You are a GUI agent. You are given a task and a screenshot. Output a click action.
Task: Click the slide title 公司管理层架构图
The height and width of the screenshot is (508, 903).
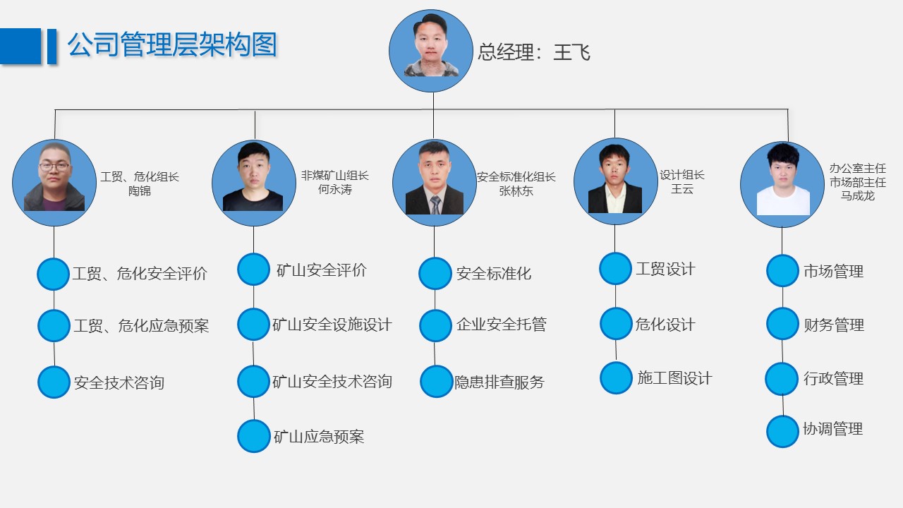click(172, 45)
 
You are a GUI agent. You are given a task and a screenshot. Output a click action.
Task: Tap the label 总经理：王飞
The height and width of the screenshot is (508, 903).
click(534, 52)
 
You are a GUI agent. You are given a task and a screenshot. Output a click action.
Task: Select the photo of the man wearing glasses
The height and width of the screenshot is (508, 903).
click(54, 183)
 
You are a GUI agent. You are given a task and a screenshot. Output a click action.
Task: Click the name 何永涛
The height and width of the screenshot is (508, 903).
click(335, 190)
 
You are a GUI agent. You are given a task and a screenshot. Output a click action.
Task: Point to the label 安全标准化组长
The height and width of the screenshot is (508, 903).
click(516, 177)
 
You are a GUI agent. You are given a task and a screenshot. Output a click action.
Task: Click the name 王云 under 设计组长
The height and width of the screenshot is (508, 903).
click(682, 189)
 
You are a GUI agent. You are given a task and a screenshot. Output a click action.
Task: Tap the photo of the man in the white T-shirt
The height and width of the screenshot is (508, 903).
click(782, 184)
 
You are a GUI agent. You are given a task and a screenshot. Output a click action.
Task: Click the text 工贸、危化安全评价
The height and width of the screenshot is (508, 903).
click(140, 274)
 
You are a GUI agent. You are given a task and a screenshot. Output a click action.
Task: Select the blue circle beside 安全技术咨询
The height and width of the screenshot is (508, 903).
click(54, 382)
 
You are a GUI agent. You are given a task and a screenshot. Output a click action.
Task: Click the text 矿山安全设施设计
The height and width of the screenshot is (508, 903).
click(332, 325)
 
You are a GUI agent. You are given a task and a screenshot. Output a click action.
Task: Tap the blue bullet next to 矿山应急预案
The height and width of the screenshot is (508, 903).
click(253, 436)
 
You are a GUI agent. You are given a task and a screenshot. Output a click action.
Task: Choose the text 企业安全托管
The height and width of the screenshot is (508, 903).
click(501, 325)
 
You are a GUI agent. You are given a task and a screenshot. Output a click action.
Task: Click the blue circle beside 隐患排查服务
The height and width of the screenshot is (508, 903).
click(436, 382)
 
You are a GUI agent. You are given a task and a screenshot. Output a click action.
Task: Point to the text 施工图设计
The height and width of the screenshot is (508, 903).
click(674, 378)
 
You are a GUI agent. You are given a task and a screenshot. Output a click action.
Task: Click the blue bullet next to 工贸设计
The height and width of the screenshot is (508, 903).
click(615, 269)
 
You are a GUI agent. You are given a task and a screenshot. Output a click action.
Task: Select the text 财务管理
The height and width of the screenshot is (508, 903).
click(833, 325)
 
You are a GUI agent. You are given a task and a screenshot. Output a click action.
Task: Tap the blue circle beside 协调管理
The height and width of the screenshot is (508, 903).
click(782, 431)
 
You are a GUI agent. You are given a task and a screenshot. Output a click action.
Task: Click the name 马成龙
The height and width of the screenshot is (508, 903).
click(857, 195)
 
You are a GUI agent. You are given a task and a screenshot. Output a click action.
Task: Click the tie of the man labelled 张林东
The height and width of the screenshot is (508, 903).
click(435, 205)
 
